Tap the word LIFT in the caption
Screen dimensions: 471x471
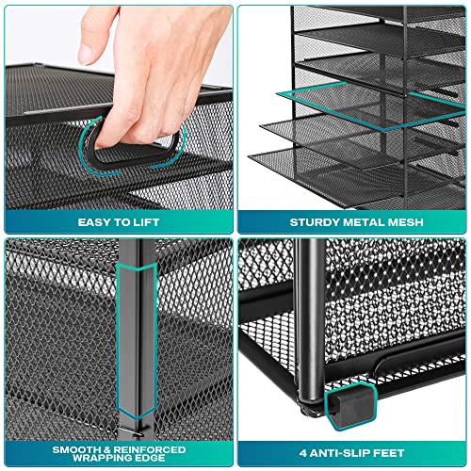point(147,222)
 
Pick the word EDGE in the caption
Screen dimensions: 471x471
point(149,458)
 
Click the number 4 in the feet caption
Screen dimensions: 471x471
point(303,453)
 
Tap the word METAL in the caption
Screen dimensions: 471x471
point(364,222)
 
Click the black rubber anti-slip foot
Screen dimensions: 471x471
point(350,407)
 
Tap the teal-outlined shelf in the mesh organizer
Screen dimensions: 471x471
point(370,106)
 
